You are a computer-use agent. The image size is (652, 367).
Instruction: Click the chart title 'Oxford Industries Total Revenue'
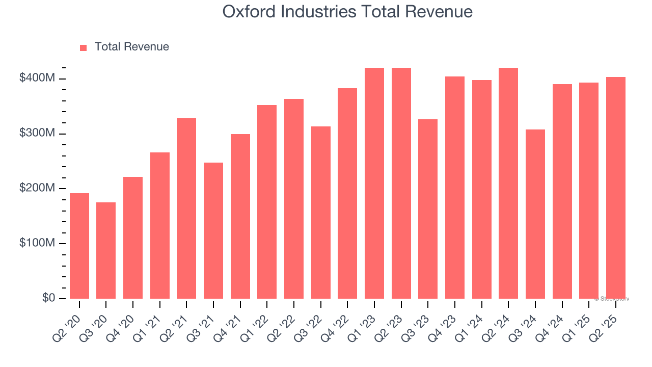[x=347, y=12]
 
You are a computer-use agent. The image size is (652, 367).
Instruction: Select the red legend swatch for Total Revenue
[x=84, y=47]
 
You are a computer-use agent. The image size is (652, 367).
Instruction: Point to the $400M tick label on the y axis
[x=38, y=78]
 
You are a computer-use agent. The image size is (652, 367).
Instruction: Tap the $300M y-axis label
[x=38, y=134]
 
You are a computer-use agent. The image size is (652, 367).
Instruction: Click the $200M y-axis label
[x=38, y=189]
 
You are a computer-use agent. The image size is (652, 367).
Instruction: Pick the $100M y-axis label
[x=38, y=244]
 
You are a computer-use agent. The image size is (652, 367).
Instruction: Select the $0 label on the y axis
[x=48, y=298]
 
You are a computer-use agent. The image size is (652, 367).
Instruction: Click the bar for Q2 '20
[x=79, y=246]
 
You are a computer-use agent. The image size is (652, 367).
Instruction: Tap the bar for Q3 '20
[x=106, y=250]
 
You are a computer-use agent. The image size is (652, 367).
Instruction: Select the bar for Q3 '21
[x=213, y=230]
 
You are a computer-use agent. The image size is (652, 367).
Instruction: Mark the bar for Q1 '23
[x=374, y=183]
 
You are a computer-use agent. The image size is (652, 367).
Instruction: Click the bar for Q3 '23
[x=428, y=209]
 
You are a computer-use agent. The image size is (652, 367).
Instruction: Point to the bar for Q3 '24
[x=535, y=214]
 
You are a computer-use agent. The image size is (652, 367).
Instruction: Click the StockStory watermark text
[x=612, y=299]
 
